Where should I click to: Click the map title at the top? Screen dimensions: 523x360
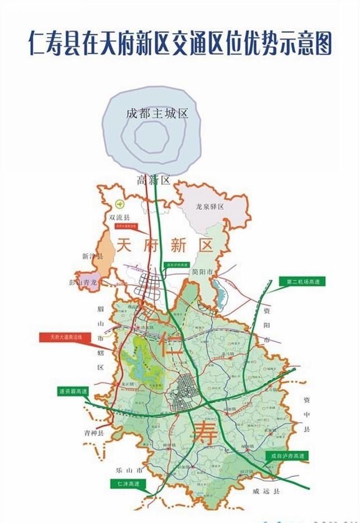coord(180,43)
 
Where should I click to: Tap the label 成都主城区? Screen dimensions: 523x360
coord(156,114)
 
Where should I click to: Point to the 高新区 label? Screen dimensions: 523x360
coord(154,180)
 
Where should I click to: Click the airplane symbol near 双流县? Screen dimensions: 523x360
coord(119,204)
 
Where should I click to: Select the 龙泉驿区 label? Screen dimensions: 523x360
coord(210,207)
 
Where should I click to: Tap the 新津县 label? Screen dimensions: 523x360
coord(93,256)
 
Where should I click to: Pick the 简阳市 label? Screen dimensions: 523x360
coord(202,271)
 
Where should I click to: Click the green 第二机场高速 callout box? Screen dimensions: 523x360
coord(302,281)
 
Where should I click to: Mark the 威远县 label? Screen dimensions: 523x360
coord(267,491)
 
